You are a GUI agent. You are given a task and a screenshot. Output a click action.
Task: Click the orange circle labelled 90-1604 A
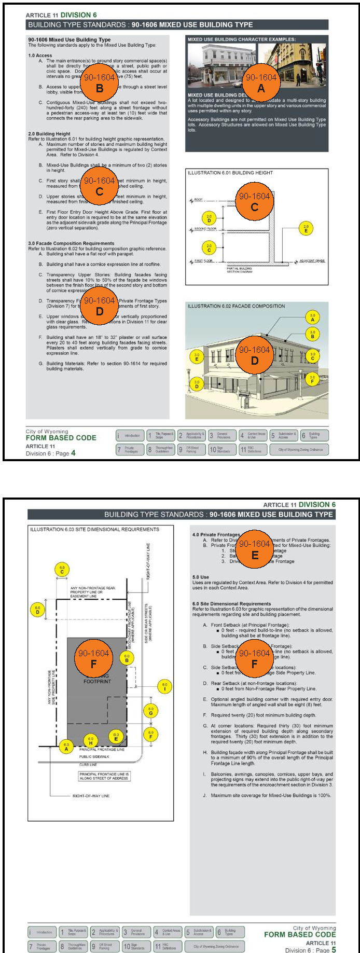tap(261, 82)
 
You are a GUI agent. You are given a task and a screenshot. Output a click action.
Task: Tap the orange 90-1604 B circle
tap(100, 82)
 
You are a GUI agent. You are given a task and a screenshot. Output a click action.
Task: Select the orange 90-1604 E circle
tap(254, 548)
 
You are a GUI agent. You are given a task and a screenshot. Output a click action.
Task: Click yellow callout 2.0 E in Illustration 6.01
tap(306, 228)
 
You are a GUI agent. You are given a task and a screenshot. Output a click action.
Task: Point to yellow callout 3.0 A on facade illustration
tap(312, 317)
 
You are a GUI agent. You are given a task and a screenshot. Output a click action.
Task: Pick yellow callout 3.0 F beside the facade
tap(312, 379)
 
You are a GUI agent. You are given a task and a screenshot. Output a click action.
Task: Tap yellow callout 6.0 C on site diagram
tap(62, 570)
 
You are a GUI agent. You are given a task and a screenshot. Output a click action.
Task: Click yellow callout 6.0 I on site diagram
tap(165, 687)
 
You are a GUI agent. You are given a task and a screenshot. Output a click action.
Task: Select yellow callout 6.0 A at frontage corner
tap(66, 747)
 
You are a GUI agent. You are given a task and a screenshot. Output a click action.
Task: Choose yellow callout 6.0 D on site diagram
tap(37, 610)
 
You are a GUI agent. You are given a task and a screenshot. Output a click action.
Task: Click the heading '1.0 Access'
tap(40, 56)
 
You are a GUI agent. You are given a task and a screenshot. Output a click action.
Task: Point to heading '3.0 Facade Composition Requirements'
tap(71, 243)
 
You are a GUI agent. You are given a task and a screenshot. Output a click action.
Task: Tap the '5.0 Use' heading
tap(201, 577)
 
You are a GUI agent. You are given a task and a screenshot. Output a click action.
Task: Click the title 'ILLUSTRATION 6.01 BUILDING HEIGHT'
tap(230, 173)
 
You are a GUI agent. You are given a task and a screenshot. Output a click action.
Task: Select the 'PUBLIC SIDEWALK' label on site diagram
tap(94, 756)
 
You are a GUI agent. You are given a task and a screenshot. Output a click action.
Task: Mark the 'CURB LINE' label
tap(88, 765)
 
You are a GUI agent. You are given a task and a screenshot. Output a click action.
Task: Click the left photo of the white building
tap(221, 65)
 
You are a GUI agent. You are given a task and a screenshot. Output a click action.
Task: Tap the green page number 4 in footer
tap(73, 453)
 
